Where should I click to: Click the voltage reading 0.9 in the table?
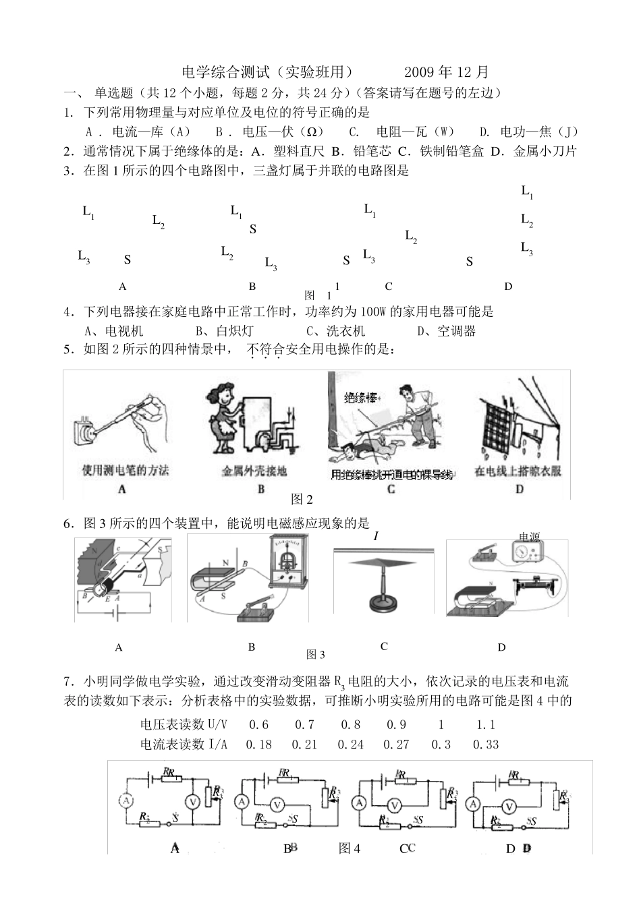coord(396,725)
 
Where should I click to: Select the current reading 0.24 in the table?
coord(350,745)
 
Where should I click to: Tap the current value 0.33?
coord(486,745)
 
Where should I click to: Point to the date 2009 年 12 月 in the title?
coord(446,72)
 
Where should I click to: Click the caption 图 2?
coord(302,499)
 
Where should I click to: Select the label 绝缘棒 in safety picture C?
coord(358,396)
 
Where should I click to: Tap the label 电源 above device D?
coord(529,537)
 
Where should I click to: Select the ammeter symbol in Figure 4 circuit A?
coord(126,800)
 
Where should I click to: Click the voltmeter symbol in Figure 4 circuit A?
coord(192,801)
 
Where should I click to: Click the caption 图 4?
coord(350,848)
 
